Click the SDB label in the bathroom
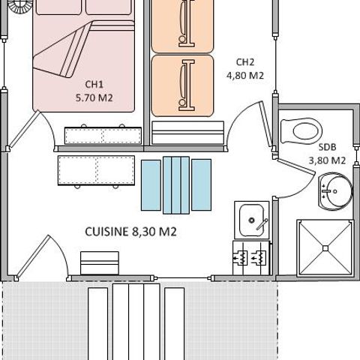coord(326,147)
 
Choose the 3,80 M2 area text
coord(327,160)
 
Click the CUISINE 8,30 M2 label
coord(131,232)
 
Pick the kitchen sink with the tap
coord(251,220)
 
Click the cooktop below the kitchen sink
coord(251,256)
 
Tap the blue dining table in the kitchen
coord(176,184)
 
